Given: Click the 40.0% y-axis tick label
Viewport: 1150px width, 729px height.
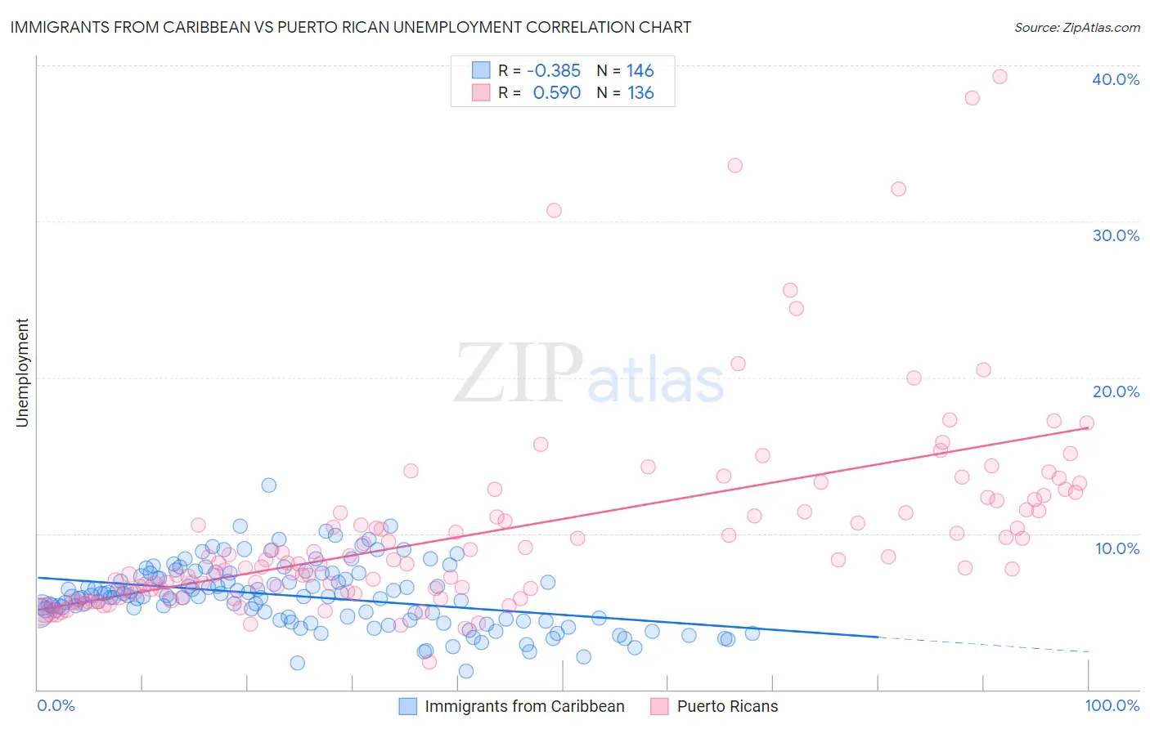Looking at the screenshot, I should pyautogui.click(x=1116, y=79).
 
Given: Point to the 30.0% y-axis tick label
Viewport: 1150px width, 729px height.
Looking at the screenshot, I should pyautogui.click(x=1116, y=235).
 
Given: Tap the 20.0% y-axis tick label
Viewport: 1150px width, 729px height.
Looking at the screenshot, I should pyautogui.click(x=1116, y=391).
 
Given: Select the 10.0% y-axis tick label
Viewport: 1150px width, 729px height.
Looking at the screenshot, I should pyautogui.click(x=1117, y=548).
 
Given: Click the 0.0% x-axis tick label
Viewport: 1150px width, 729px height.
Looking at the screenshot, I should pyautogui.click(x=56, y=705).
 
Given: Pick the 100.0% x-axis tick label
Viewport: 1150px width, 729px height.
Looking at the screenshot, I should pyautogui.click(x=1112, y=705).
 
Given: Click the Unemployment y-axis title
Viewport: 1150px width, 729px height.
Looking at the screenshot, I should pyautogui.click(x=22, y=373).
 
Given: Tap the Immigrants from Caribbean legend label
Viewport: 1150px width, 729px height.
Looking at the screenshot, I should pyautogui.click(x=524, y=706).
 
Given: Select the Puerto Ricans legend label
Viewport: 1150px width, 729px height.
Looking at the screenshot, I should pyautogui.click(x=727, y=706).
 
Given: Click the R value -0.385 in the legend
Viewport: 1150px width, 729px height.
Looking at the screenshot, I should pyautogui.click(x=553, y=71).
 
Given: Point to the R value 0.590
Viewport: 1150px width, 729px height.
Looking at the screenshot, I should pyautogui.click(x=556, y=93).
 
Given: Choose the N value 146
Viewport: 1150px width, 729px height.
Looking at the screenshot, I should pyautogui.click(x=640, y=71).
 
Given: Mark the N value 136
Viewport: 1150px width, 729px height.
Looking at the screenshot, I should pyautogui.click(x=640, y=93).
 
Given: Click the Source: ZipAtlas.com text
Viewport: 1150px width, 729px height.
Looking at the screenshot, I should pyautogui.click(x=1076, y=28).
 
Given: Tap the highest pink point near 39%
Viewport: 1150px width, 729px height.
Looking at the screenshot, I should pyautogui.click(x=1000, y=77).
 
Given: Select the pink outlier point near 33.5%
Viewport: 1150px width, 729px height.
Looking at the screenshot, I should pyautogui.click(x=734, y=165).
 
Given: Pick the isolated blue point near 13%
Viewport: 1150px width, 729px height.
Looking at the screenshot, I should pyautogui.click(x=268, y=485).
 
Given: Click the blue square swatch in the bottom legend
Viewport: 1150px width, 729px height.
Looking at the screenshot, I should pyautogui.click(x=407, y=706).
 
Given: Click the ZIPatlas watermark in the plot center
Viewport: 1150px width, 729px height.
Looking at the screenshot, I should pyautogui.click(x=589, y=373).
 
